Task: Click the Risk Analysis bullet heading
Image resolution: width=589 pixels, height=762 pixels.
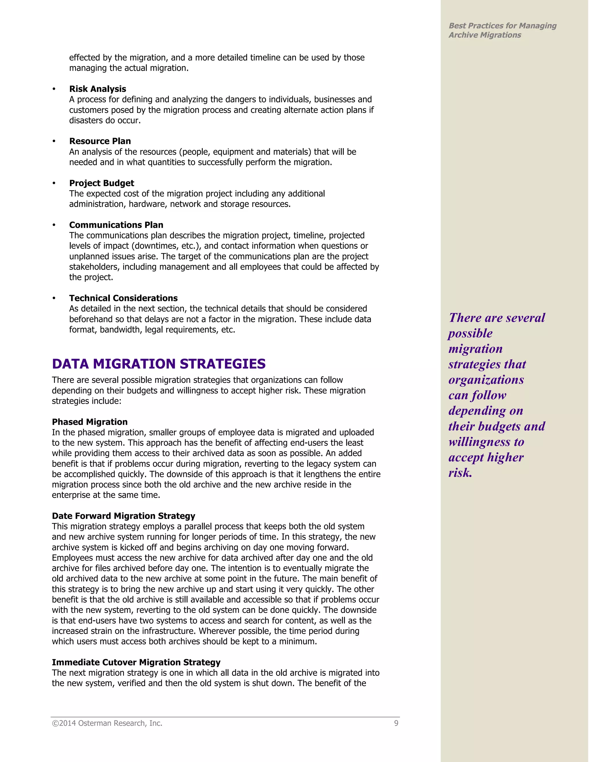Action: pyautogui.click(x=97, y=89)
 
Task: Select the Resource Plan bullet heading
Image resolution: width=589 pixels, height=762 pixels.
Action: pyautogui.click(x=100, y=141)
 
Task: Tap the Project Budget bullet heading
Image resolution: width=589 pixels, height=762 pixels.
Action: pyautogui.click(x=102, y=183)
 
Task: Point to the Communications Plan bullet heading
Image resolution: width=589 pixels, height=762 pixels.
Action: pyautogui.click(x=116, y=225)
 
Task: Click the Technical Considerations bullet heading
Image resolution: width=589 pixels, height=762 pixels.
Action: pyautogui.click(x=123, y=298)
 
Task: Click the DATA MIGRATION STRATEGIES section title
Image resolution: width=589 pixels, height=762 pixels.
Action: pyautogui.click(x=158, y=364)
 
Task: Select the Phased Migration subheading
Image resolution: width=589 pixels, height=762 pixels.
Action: pyautogui.click(x=90, y=422)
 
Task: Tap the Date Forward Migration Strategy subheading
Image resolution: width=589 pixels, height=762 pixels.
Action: pyautogui.click(x=123, y=516)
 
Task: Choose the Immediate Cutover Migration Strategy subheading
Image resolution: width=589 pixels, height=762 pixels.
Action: pyautogui.click(x=136, y=662)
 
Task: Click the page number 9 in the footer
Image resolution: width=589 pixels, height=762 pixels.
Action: pyautogui.click(x=396, y=723)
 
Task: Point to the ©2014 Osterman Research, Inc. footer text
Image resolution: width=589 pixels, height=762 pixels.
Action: pyautogui.click(x=107, y=723)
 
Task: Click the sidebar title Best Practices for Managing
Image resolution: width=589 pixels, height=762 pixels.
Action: pyautogui.click(x=502, y=26)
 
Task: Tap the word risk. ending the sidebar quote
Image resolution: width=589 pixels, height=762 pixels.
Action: pyautogui.click(x=460, y=473)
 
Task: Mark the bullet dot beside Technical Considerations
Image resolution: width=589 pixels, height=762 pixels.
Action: pyautogui.click(x=54, y=298)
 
